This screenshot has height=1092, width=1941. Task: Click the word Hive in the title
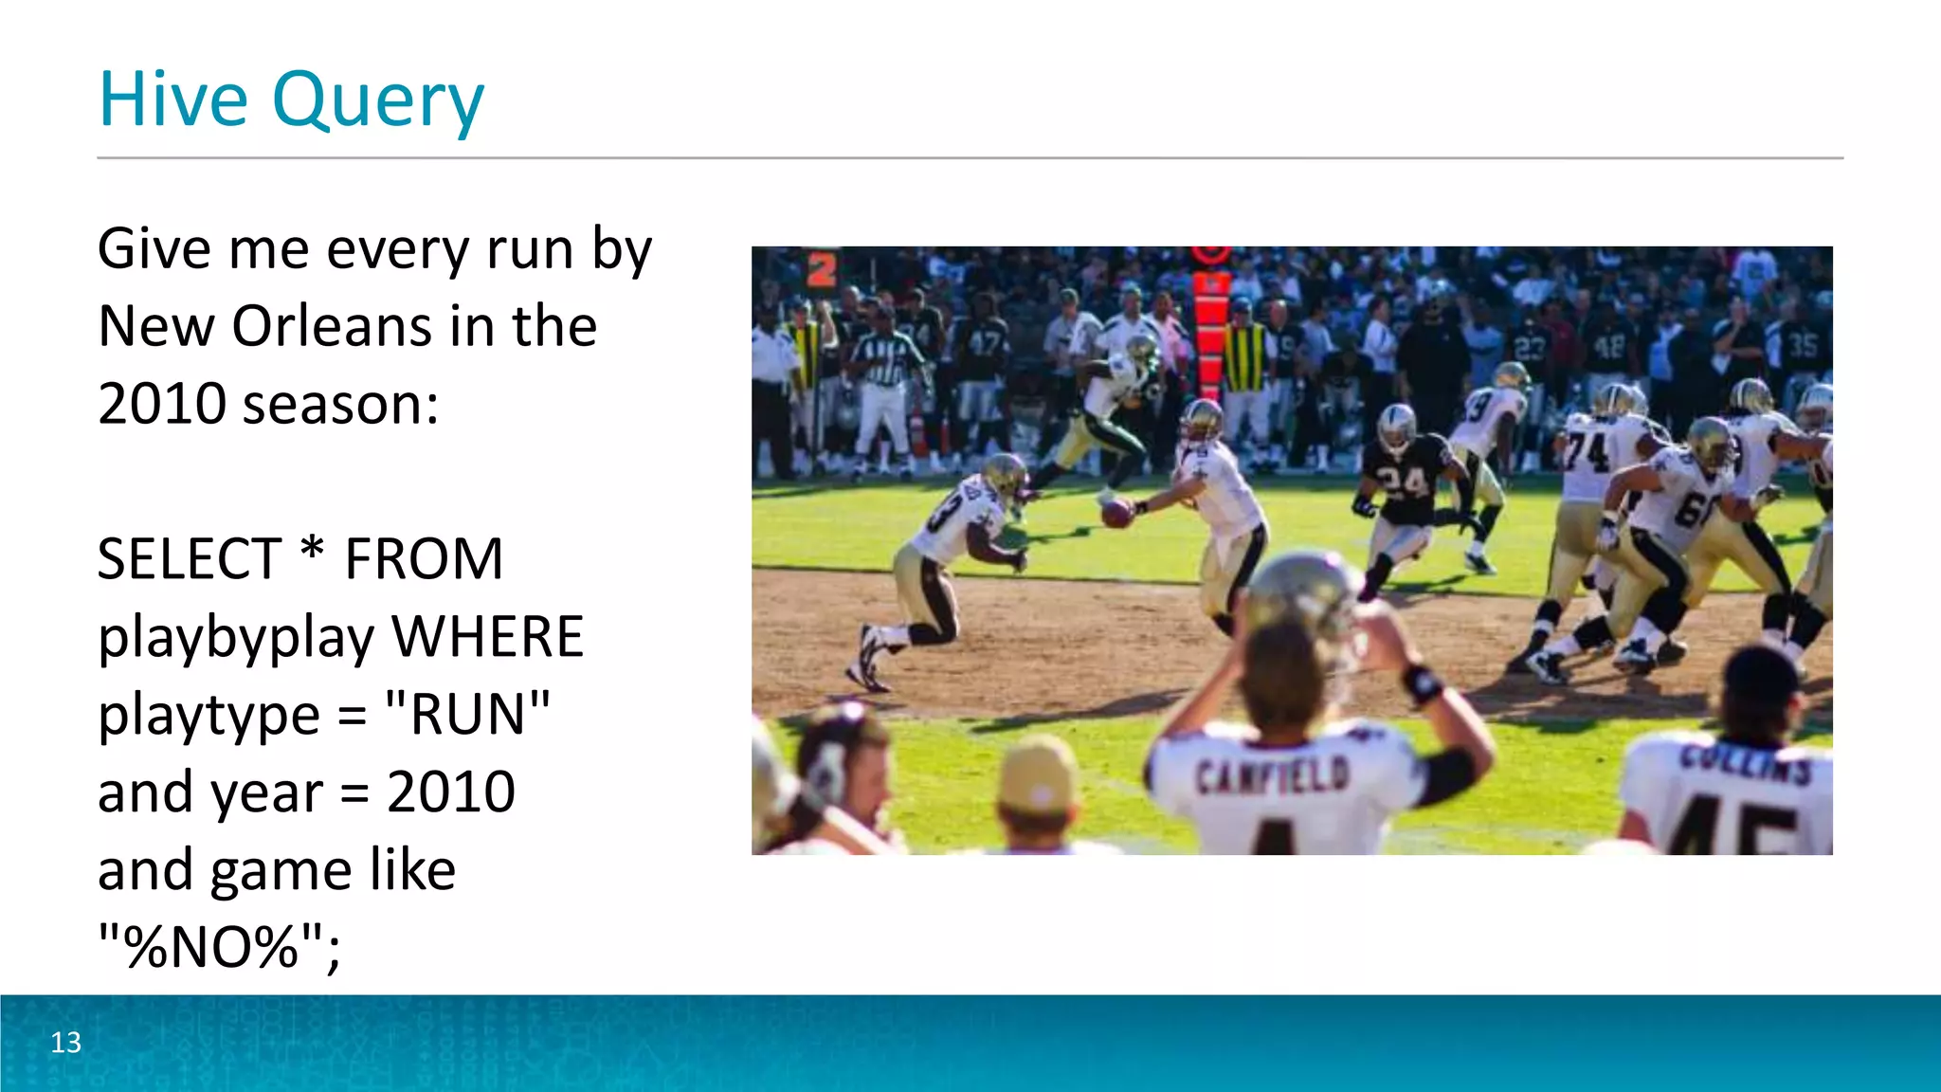[172, 99]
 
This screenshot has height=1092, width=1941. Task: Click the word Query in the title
[378, 102]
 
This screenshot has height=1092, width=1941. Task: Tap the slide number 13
[65, 1042]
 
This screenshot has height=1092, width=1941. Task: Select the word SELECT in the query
[190, 558]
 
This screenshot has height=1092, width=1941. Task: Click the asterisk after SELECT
[312, 550]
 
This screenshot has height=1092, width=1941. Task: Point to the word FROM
[424, 558]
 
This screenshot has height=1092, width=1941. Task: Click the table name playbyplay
[236, 638]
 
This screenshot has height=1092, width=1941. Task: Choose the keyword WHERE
[488, 636]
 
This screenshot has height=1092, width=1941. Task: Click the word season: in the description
[340, 405]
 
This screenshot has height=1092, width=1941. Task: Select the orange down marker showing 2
[822, 268]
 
